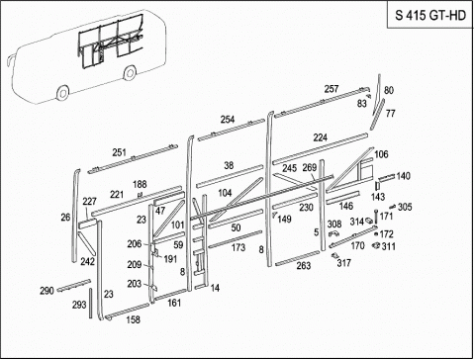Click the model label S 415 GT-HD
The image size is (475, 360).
click(x=430, y=16)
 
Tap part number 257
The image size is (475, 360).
click(x=332, y=89)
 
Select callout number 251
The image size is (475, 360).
click(x=119, y=152)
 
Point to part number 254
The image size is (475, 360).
click(x=228, y=120)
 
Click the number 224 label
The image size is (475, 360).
click(x=320, y=137)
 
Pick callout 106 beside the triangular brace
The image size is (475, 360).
click(x=381, y=154)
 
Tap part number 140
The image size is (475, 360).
click(x=403, y=176)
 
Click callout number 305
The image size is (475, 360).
click(x=405, y=207)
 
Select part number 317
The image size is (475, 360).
click(x=343, y=263)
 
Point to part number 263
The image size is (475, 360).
click(x=304, y=265)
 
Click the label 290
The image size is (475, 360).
click(x=47, y=291)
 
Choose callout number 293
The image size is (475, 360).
click(x=79, y=305)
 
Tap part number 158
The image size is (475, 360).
click(x=133, y=319)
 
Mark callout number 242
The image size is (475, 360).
click(x=87, y=262)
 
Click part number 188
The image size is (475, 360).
click(x=140, y=184)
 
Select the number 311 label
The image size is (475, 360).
click(x=389, y=246)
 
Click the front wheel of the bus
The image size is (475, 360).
click(x=62, y=93)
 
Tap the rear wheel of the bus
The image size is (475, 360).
click(x=130, y=72)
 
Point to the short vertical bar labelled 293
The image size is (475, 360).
click(x=90, y=304)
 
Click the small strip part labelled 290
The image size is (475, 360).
click(x=74, y=286)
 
